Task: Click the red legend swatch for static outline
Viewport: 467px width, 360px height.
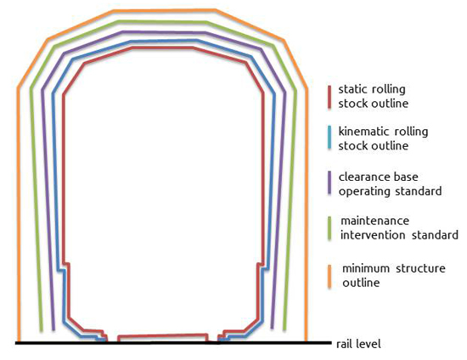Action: (x=329, y=97)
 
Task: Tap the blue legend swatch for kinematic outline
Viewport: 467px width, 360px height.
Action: (x=329, y=138)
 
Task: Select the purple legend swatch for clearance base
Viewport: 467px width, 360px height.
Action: (x=329, y=183)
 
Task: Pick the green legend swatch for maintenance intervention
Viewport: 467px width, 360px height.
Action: (x=329, y=228)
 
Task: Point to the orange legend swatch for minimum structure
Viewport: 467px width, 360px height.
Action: (x=329, y=276)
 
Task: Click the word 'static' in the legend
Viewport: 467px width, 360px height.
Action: (x=353, y=89)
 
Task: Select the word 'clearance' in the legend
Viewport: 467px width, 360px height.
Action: (x=363, y=177)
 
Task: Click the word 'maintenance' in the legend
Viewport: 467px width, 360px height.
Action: (x=374, y=221)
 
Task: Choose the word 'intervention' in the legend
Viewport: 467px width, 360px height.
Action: (x=373, y=235)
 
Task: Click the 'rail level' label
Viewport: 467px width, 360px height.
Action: (x=358, y=344)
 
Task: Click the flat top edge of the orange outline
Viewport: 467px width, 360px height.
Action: (x=165, y=11)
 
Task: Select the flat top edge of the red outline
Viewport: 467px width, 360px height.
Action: (x=163, y=48)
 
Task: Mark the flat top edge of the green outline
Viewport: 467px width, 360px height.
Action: (x=163, y=22)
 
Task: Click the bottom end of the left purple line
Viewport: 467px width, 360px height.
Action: (x=53, y=329)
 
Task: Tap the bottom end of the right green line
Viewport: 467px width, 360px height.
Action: (x=284, y=329)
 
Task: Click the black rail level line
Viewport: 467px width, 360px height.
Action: (x=173, y=343)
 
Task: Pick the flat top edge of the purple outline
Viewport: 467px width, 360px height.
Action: (x=164, y=32)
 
